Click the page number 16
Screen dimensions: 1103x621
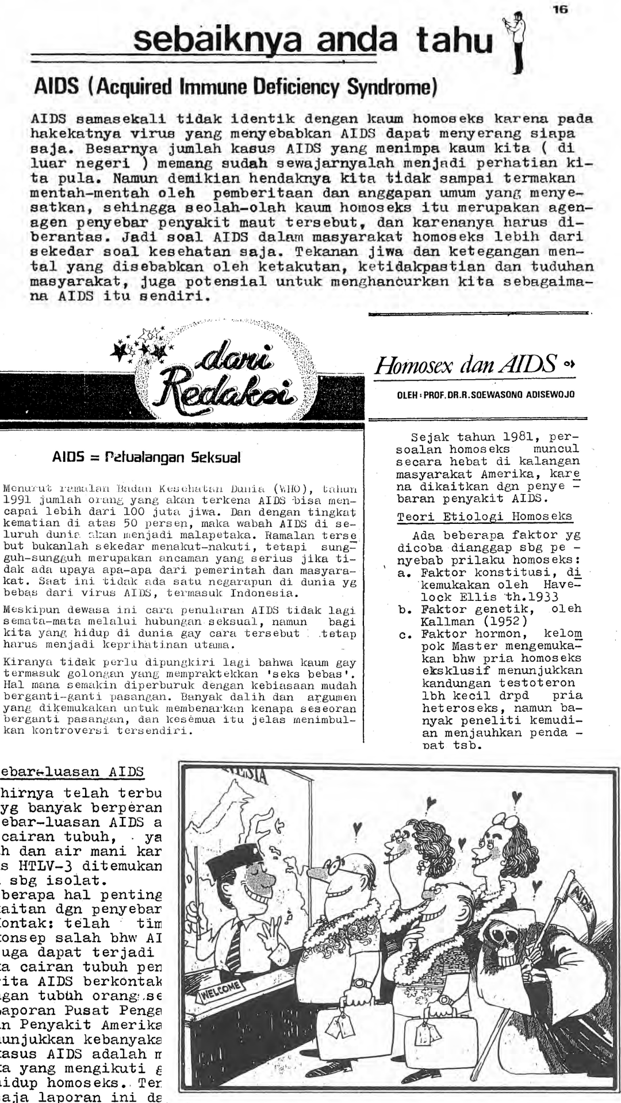coord(560,9)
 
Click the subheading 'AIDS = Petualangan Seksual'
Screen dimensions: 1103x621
coord(146,457)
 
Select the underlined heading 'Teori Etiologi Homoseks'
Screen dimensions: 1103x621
coord(484,516)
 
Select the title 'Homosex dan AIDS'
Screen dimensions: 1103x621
coord(466,365)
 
